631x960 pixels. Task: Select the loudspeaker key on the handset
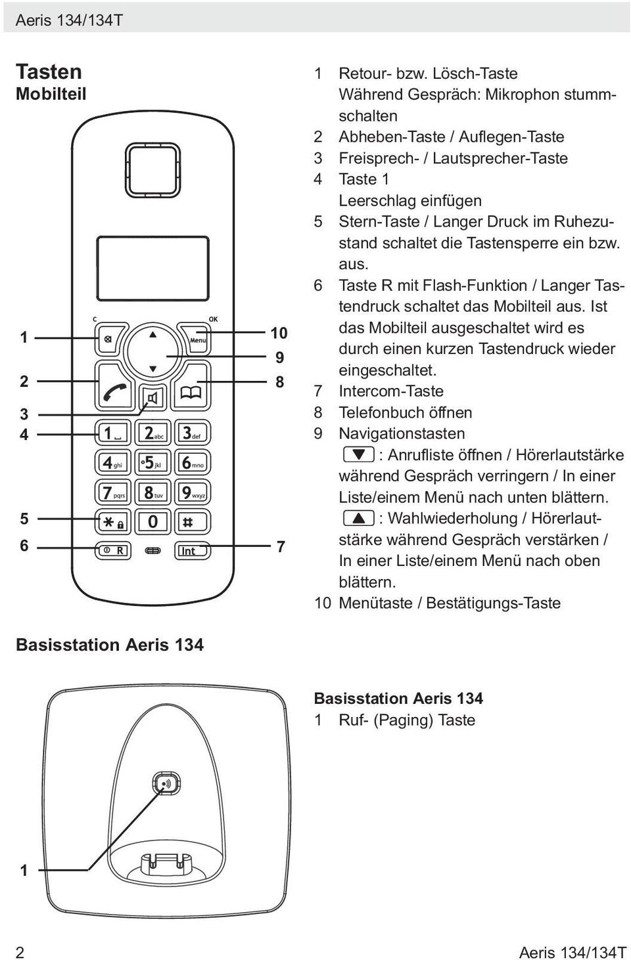point(152,399)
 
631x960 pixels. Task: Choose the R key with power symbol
point(112,550)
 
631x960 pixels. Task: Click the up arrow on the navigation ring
point(152,335)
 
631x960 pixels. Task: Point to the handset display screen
point(152,269)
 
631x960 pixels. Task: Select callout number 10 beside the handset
point(279,333)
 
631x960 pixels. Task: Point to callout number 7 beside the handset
point(281,546)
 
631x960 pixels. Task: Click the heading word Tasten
point(49,72)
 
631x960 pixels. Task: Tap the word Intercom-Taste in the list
point(391,391)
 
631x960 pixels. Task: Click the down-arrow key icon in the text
point(359,454)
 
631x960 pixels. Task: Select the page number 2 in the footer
point(20,952)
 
